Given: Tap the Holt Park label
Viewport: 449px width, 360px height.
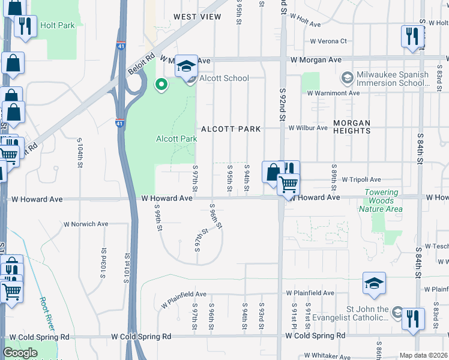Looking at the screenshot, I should pos(57,26).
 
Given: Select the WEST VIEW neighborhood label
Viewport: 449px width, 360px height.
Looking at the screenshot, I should pos(197,17).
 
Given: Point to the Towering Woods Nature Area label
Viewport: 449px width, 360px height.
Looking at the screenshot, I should pos(381,200).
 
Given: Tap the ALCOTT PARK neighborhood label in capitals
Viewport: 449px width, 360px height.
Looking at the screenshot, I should pos(231,129).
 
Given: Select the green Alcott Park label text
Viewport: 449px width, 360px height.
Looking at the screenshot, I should pos(176,139).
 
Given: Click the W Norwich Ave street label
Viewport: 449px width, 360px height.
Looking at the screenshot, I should pos(86,224).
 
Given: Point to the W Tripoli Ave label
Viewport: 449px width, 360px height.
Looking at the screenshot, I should pos(361,179).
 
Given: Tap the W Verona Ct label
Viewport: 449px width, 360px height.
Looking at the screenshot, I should pos(328,41).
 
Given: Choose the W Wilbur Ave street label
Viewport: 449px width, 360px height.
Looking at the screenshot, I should pos(310,128).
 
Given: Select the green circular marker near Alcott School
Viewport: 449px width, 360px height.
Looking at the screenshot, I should pos(161,85).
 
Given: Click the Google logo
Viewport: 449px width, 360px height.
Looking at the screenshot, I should pos(20,353).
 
